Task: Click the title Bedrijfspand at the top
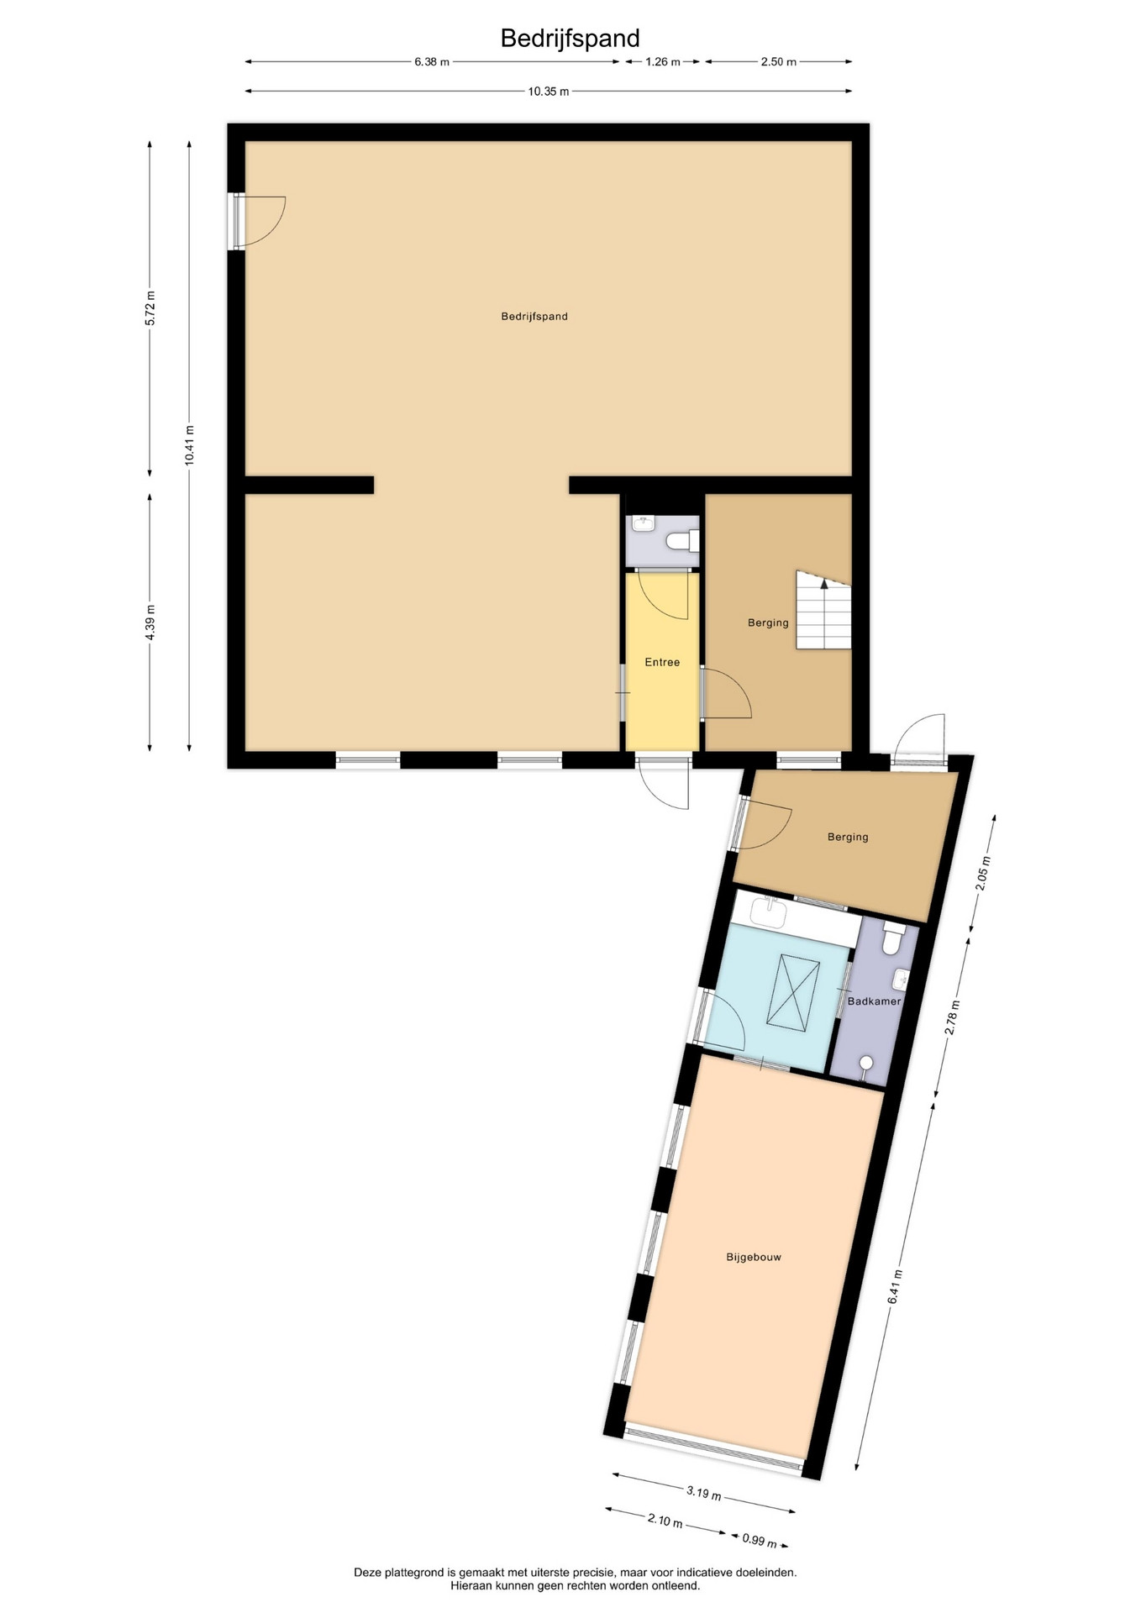pos(570,38)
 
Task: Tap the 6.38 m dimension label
pos(432,61)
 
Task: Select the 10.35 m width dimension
pos(549,92)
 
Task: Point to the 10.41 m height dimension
pos(190,444)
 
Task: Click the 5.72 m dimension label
pos(150,307)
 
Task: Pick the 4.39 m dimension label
pos(150,623)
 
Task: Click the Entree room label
pos(662,662)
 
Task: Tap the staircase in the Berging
pos(823,610)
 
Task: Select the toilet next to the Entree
pos(683,541)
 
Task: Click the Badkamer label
pos(874,1001)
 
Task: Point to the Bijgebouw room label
pos(754,1257)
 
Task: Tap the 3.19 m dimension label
pos(703,1493)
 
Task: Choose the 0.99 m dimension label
pos(760,1540)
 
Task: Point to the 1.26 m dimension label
pos(662,61)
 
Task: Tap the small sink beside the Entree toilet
pos(644,523)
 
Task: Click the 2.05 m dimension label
pos(985,873)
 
